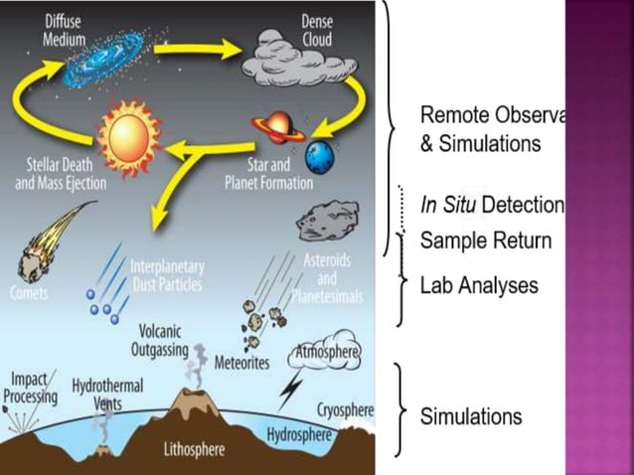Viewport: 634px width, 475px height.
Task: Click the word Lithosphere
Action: (x=196, y=450)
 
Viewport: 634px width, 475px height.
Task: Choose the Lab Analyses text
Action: (x=479, y=286)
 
